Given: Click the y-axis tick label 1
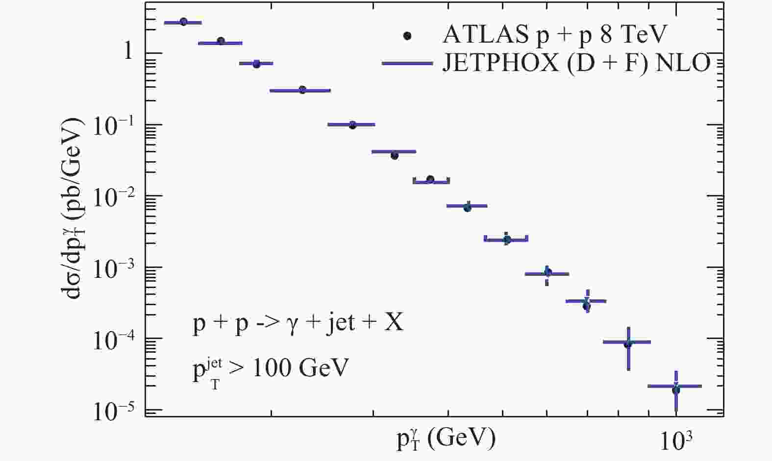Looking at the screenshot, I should (128, 51).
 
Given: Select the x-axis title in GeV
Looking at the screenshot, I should (446, 437).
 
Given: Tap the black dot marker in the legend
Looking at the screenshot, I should (407, 35).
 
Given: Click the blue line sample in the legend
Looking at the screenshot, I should (407, 63).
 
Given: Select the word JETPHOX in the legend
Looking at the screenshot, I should (500, 63).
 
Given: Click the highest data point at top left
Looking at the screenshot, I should (183, 22).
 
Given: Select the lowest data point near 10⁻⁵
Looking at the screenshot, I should (676, 390).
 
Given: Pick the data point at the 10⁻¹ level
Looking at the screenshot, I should (352, 125).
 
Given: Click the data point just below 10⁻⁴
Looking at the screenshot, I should (628, 344).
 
